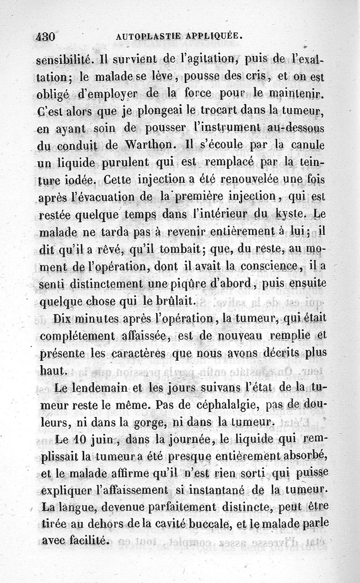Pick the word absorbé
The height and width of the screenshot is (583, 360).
pyautogui.click(x=306, y=456)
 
